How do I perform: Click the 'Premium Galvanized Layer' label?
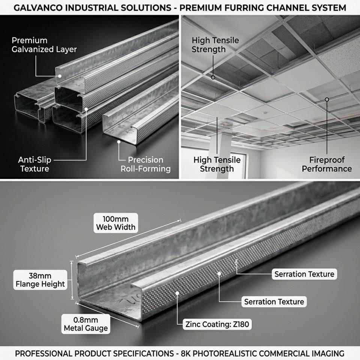click(44, 45)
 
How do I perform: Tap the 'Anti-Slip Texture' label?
click(34, 164)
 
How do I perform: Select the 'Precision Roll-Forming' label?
click(145, 164)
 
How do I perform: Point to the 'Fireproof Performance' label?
click(327, 164)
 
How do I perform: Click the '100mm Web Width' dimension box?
click(116, 223)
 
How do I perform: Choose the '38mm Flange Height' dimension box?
click(40, 280)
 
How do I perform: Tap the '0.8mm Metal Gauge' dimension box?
click(85, 324)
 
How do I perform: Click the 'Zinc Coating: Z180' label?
click(217, 324)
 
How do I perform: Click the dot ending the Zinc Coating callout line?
click(177, 293)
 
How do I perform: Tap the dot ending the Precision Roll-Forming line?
click(119, 142)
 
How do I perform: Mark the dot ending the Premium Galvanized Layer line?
click(60, 76)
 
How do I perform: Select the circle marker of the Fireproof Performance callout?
click(327, 99)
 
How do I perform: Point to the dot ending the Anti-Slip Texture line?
click(86, 109)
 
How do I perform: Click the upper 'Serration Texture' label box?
click(304, 274)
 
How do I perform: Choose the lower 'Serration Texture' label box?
click(274, 301)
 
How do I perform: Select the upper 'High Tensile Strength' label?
click(215, 45)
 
